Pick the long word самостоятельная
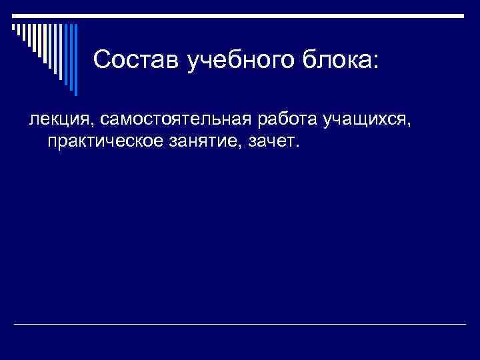pos(175,120)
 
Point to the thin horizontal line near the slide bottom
pos(240,325)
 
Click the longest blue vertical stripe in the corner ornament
pos(75,60)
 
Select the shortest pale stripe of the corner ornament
pos(13,27)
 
